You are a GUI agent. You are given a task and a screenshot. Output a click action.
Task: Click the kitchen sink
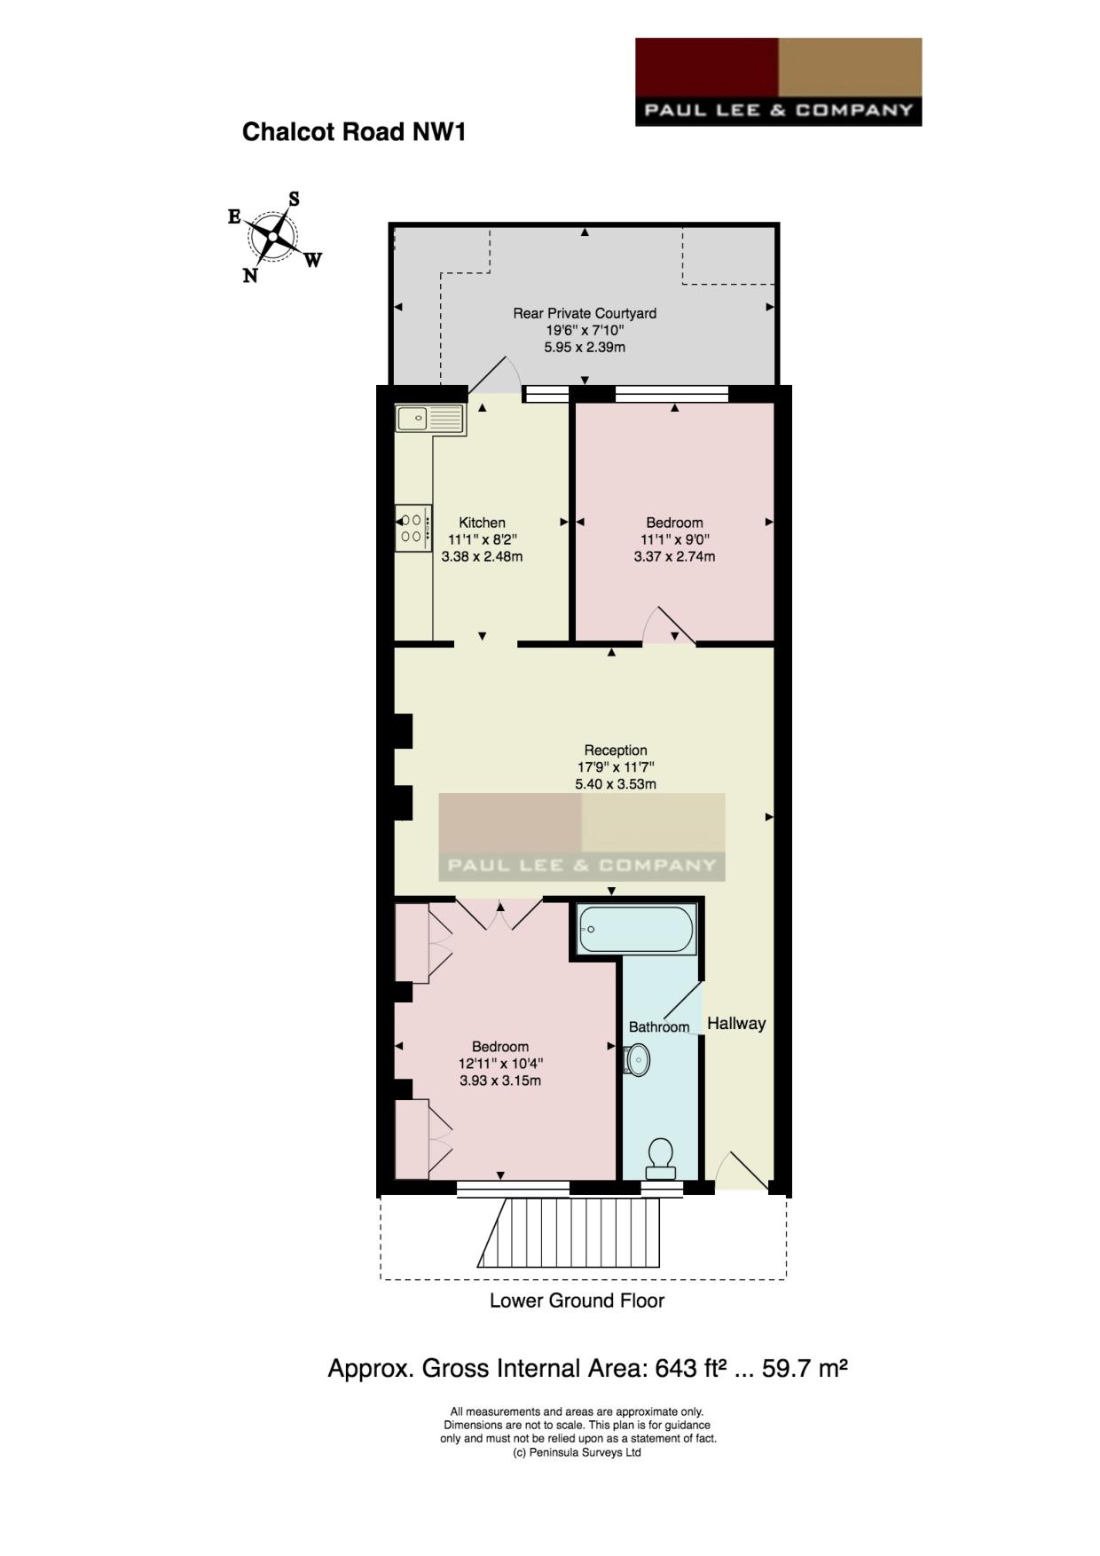pyautogui.click(x=430, y=419)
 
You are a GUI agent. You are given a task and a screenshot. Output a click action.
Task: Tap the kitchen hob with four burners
pyautogui.click(x=413, y=528)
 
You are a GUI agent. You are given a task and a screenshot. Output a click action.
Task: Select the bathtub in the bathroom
pyautogui.click(x=636, y=929)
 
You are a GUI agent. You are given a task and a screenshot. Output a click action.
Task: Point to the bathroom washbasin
pyautogui.click(x=637, y=1059)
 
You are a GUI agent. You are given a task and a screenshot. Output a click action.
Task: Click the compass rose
pyautogui.click(x=273, y=237)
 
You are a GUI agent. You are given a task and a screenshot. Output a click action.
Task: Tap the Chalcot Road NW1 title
pyautogui.click(x=354, y=132)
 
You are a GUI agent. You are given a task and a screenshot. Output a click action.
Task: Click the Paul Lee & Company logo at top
pyautogui.click(x=778, y=82)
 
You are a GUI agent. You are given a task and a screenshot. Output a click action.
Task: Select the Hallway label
pyautogui.click(x=736, y=1023)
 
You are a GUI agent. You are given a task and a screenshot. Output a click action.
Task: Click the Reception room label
pyautogui.click(x=616, y=750)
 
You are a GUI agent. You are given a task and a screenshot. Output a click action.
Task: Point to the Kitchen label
pyautogui.click(x=482, y=523)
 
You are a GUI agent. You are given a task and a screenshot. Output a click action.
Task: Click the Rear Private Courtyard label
pyautogui.click(x=585, y=313)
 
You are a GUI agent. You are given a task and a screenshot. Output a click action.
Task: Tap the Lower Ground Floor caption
pyautogui.click(x=577, y=1301)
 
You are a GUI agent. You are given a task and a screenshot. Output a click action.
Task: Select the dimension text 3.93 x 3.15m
pyautogui.click(x=500, y=1081)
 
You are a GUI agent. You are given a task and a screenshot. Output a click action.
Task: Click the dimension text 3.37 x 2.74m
pyautogui.click(x=674, y=557)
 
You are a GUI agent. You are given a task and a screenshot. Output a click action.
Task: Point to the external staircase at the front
pyautogui.click(x=570, y=1232)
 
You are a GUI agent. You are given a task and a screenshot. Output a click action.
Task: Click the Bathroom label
pyautogui.click(x=659, y=1026)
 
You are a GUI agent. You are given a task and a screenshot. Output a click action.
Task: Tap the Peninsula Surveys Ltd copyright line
pyautogui.click(x=577, y=1452)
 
